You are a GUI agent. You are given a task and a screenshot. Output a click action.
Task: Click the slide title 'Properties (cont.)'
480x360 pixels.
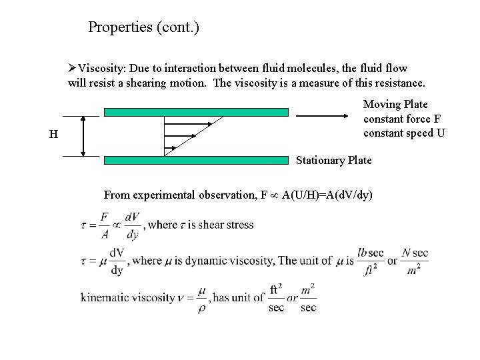pyautogui.click(x=143, y=28)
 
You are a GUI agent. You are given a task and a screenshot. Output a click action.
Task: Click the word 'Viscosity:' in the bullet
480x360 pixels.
pyautogui.click(x=103, y=69)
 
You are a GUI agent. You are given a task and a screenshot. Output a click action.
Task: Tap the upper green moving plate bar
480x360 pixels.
pyautogui.click(x=196, y=113)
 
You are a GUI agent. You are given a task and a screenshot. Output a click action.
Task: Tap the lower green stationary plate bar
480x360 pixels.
pyautogui.click(x=196, y=160)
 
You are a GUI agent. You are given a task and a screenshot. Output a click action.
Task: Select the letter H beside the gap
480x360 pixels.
pyautogui.click(x=53, y=135)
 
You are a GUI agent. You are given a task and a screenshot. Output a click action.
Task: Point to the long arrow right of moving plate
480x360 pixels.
pyautogui.click(x=323, y=115)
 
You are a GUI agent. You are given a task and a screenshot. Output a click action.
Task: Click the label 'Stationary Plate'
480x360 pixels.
pyautogui.click(x=333, y=161)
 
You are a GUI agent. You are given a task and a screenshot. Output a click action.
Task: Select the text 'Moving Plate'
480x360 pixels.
pyautogui.click(x=395, y=105)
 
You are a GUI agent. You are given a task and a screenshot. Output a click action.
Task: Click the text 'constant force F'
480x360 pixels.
pyautogui.click(x=402, y=119)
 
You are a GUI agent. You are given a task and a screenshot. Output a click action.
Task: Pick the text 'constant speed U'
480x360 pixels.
pyautogui.click(x=404, y=133)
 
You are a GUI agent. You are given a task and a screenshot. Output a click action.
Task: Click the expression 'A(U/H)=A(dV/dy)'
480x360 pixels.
pyautogui.click(x=327, y=195)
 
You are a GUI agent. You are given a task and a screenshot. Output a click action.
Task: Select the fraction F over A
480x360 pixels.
pyautogui.click(x=105, y=225)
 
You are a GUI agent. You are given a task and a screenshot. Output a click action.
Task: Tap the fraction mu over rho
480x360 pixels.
pyautogui.click(x=201, y=298)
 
